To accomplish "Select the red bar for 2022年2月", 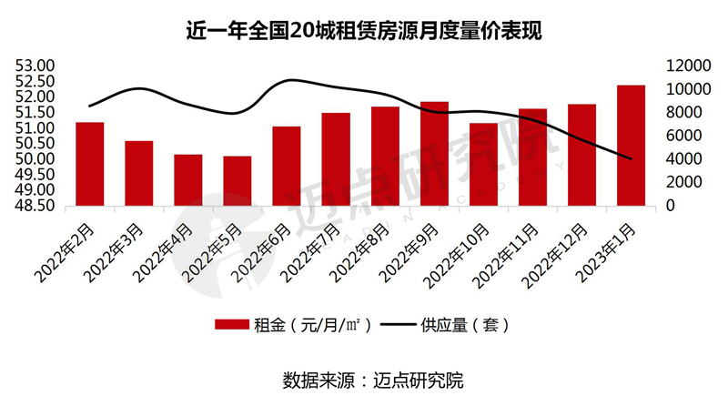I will tap(90, 164).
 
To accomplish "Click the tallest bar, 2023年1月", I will tap(631, 145).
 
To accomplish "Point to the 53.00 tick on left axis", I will tap(35, 66).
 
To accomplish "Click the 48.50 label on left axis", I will tap(35, 206).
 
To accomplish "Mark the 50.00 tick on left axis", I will tap(35, 159).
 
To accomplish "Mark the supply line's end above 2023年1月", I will tap(631, 159).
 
